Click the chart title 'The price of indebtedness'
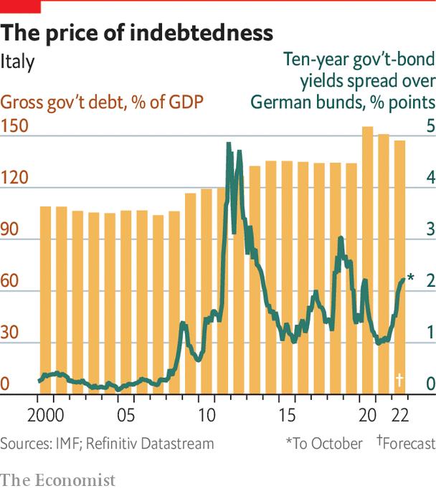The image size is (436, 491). coord(137,33)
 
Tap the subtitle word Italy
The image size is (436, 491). coord(17,62)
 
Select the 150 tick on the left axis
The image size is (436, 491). coord(14,126)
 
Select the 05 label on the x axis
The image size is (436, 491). coord(126,416)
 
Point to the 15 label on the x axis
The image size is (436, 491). coord(287,416)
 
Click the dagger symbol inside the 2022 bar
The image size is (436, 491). coord(399,378)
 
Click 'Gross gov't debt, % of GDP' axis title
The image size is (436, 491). coord(100,101)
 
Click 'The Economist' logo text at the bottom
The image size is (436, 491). coord(58,479)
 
